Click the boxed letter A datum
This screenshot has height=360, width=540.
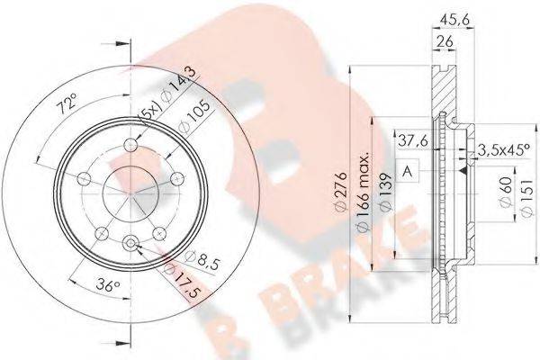pos(409,171)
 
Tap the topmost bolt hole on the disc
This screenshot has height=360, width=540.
pos(133,146)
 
